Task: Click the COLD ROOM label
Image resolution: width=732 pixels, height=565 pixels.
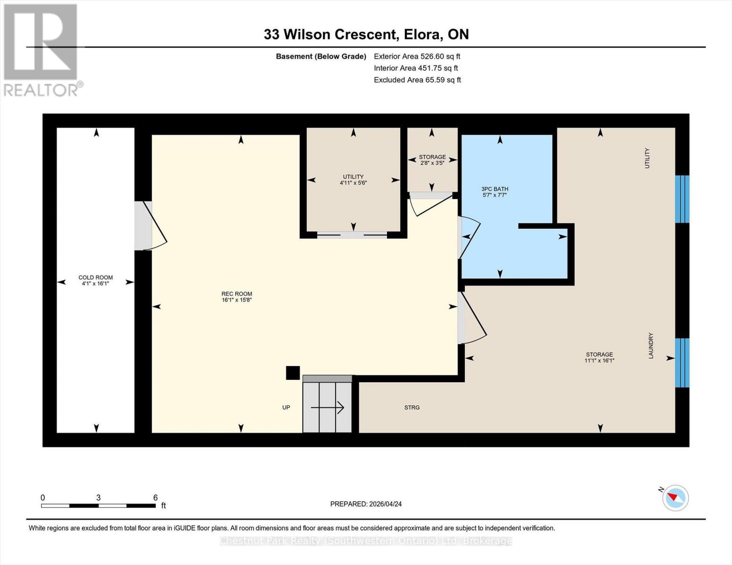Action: click(95, 278)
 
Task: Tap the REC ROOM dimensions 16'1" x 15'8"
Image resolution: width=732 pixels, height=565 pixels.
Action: click(237, 300)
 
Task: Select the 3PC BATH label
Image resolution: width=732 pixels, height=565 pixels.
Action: click(494, 189)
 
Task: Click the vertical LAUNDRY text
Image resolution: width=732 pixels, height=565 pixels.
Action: click(651, 346)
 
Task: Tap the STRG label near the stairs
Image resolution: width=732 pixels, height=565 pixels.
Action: click(411, 408)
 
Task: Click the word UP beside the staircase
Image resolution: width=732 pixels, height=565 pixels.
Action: click(286, 408)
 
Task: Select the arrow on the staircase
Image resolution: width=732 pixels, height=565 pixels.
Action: click(328, 408)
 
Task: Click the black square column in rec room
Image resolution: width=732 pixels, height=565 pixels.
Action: click(293, 373)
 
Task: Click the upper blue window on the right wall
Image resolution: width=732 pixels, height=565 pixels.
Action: click(682, 199)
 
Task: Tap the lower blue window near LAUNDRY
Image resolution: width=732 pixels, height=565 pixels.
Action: click(682, 363)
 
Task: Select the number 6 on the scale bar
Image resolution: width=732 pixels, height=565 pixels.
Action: click(155, 498)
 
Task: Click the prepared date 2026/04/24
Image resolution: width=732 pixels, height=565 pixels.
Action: click(366, 504)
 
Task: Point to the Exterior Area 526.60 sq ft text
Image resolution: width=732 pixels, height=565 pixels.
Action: click(417, 56)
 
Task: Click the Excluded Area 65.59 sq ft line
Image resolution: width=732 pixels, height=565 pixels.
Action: click(417, 80)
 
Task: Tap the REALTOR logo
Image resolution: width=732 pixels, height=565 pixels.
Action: click(41, 50)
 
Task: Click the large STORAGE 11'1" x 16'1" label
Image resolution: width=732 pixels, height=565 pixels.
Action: click(599, 357)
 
